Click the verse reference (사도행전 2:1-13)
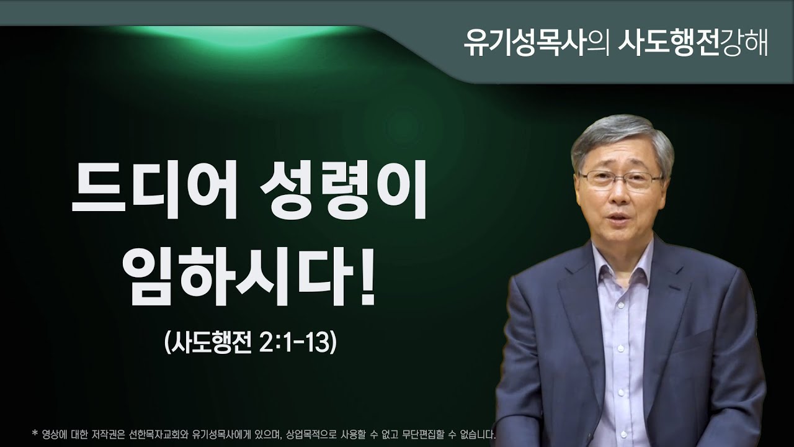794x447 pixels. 250,343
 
